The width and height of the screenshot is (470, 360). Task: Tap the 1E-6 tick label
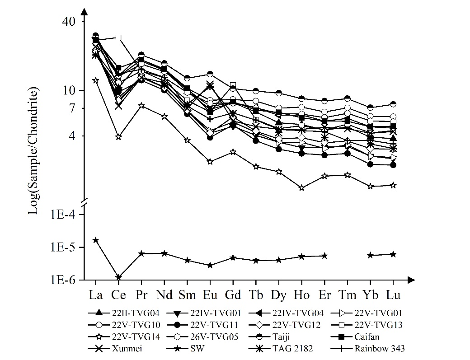(x=65, y=280)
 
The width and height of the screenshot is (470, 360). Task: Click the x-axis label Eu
(x=210, y=295)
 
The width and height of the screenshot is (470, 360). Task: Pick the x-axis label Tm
(x=347, y=295)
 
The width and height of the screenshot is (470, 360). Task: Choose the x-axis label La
(x=95, y=295)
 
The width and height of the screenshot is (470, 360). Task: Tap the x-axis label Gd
(x=233, y=295)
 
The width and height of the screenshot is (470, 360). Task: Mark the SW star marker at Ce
(x=118, y=277)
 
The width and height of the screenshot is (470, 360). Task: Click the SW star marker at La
(x=95, y=240)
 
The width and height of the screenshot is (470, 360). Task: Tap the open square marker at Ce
(x=118, y=37)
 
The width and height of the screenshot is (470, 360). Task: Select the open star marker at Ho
(x=301, y=187)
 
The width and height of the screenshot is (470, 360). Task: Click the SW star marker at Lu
(x=393, y=254)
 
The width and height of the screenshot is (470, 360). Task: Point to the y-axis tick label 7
(x=75, y=108)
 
